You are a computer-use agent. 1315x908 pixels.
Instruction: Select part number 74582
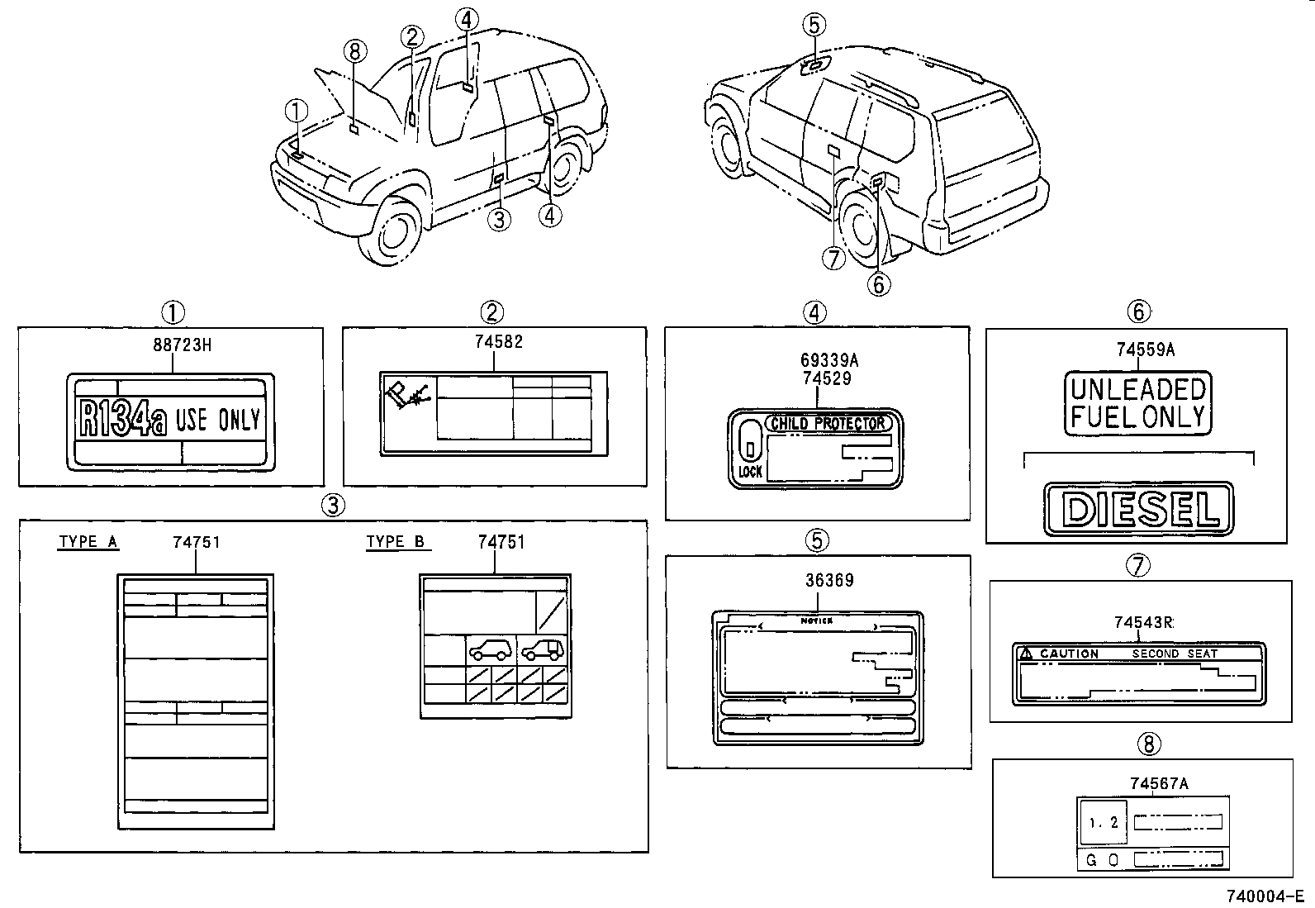click(499, 342)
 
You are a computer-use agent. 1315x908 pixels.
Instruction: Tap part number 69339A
click(829, 360)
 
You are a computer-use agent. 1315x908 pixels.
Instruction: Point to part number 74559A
click(1145, 349)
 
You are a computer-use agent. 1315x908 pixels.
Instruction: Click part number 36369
click(829, 580)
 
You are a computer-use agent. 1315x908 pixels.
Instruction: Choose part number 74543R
click(1143, 623)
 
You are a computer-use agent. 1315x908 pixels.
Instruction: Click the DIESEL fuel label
click(1138, 509)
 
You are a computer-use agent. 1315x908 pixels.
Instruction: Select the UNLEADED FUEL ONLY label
click(1137, 402)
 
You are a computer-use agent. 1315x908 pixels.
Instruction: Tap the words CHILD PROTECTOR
click(828, 424)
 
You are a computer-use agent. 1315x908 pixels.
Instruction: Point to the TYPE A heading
click(88, 542)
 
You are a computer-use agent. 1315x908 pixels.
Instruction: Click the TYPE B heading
click(396, 542)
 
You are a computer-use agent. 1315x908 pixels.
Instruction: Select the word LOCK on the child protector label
click(750, 473)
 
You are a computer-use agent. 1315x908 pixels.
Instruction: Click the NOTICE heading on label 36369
click(817, 620)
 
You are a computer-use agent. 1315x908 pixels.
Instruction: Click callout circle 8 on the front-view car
click(354, 51)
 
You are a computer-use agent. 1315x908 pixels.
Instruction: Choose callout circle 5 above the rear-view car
click(814, 25)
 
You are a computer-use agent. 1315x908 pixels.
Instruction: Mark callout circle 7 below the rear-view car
click(833, 259)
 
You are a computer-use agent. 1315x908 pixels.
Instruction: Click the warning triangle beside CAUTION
click(1027, 654)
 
